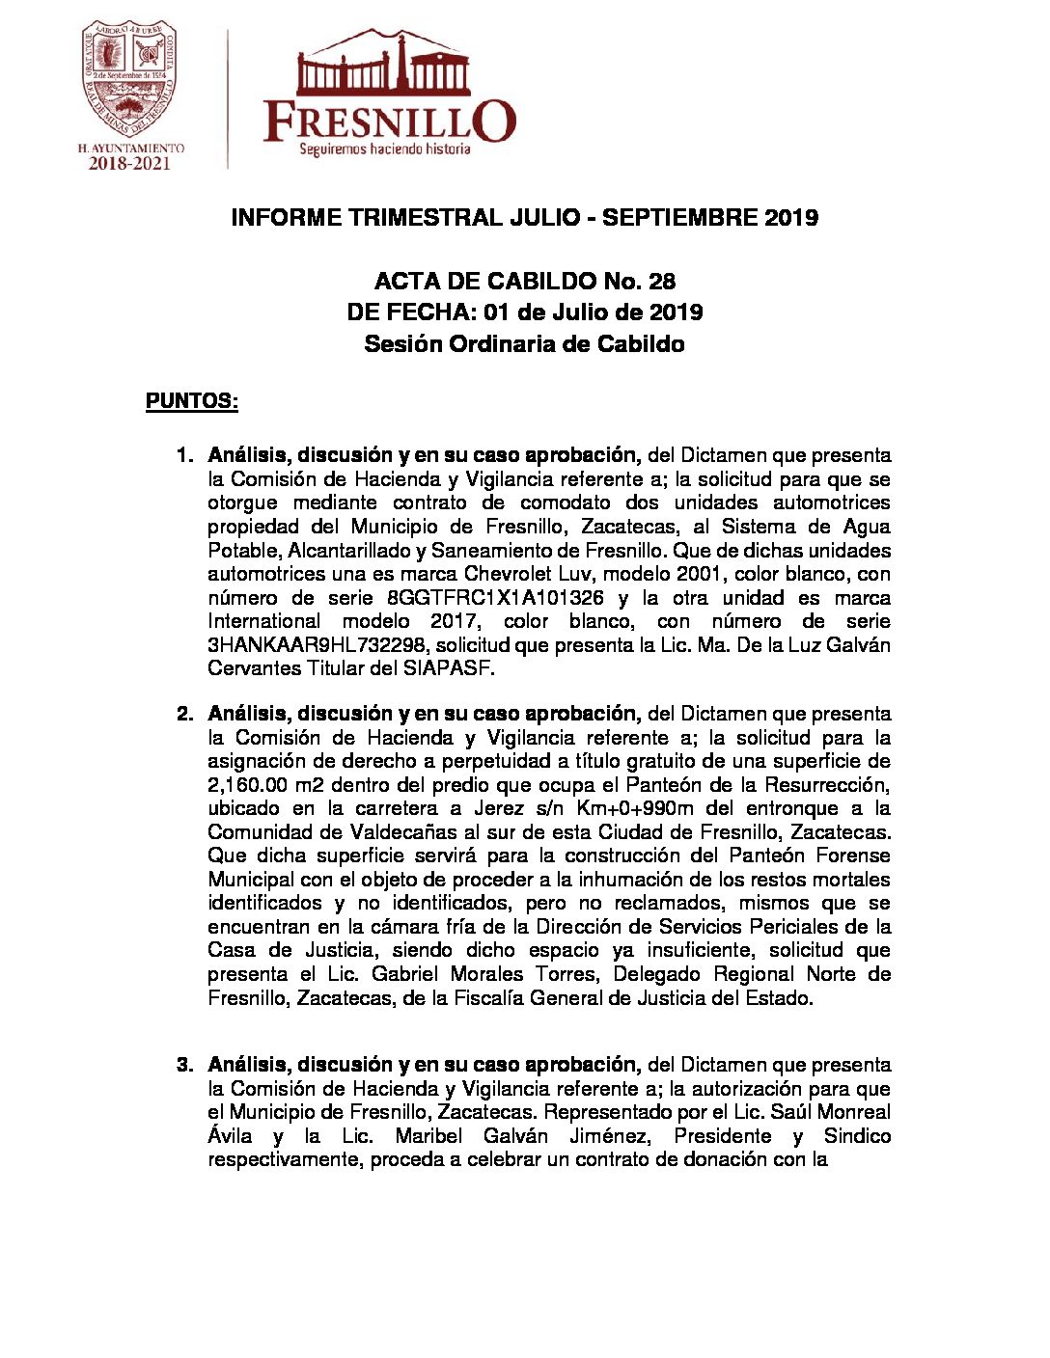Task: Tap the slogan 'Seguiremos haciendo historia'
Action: pyautogui.click(x=384, y=149)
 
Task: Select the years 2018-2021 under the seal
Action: pyautogui.click(x=130, y=164)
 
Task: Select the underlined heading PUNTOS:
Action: pyautogui.click(x=192, y=401)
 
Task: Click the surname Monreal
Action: pyautogui.click(x=855, y=1112)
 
